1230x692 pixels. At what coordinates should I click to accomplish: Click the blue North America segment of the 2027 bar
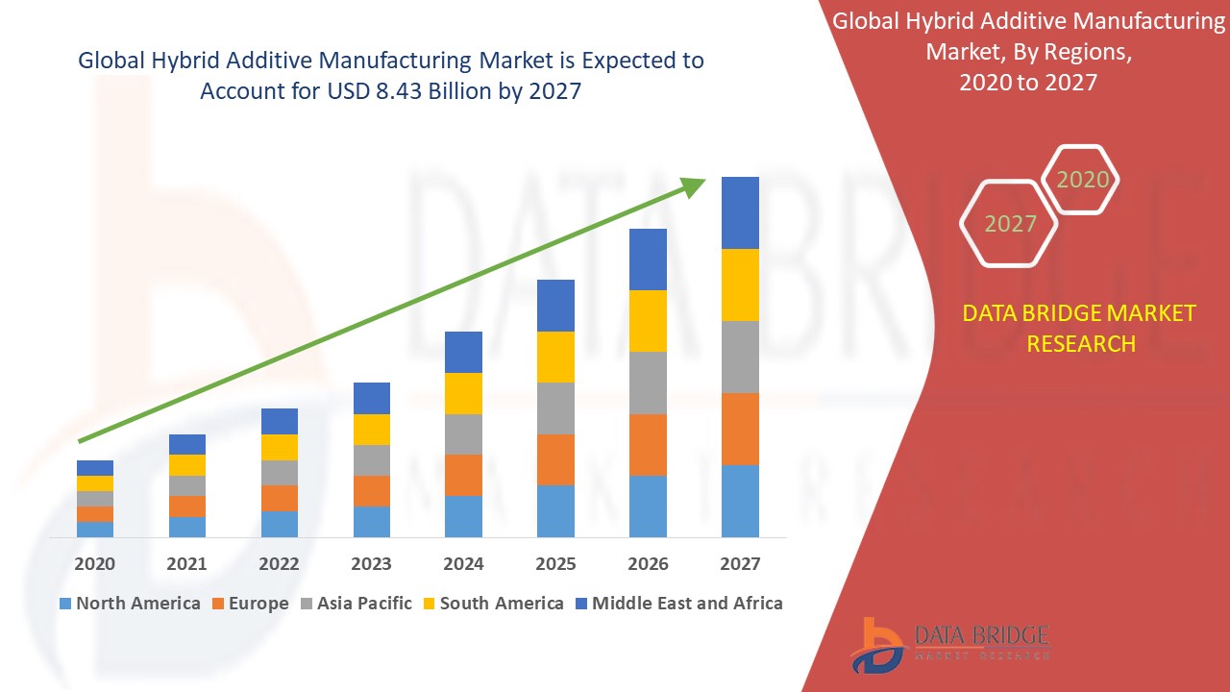coord(740,501)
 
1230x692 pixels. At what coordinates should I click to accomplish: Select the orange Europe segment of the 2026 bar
coord(648,444)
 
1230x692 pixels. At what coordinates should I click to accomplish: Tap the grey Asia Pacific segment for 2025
coord(555,408)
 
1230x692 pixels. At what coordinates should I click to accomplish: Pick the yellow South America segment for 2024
coord(463,393)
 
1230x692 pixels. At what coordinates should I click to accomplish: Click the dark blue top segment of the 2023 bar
coord(372,398)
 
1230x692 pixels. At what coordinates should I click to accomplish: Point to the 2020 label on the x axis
coord(95,563)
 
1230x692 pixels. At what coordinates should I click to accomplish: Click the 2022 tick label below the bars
coord(280,563)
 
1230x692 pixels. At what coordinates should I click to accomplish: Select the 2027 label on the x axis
coord(740,563)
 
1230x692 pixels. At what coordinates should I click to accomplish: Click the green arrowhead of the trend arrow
coord(694,185)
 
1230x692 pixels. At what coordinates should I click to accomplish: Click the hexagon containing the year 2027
coord(1009,224)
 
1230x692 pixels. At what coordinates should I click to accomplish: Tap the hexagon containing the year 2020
coord(1081,180)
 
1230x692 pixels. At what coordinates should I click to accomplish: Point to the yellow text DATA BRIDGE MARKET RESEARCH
coord(1079,328)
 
